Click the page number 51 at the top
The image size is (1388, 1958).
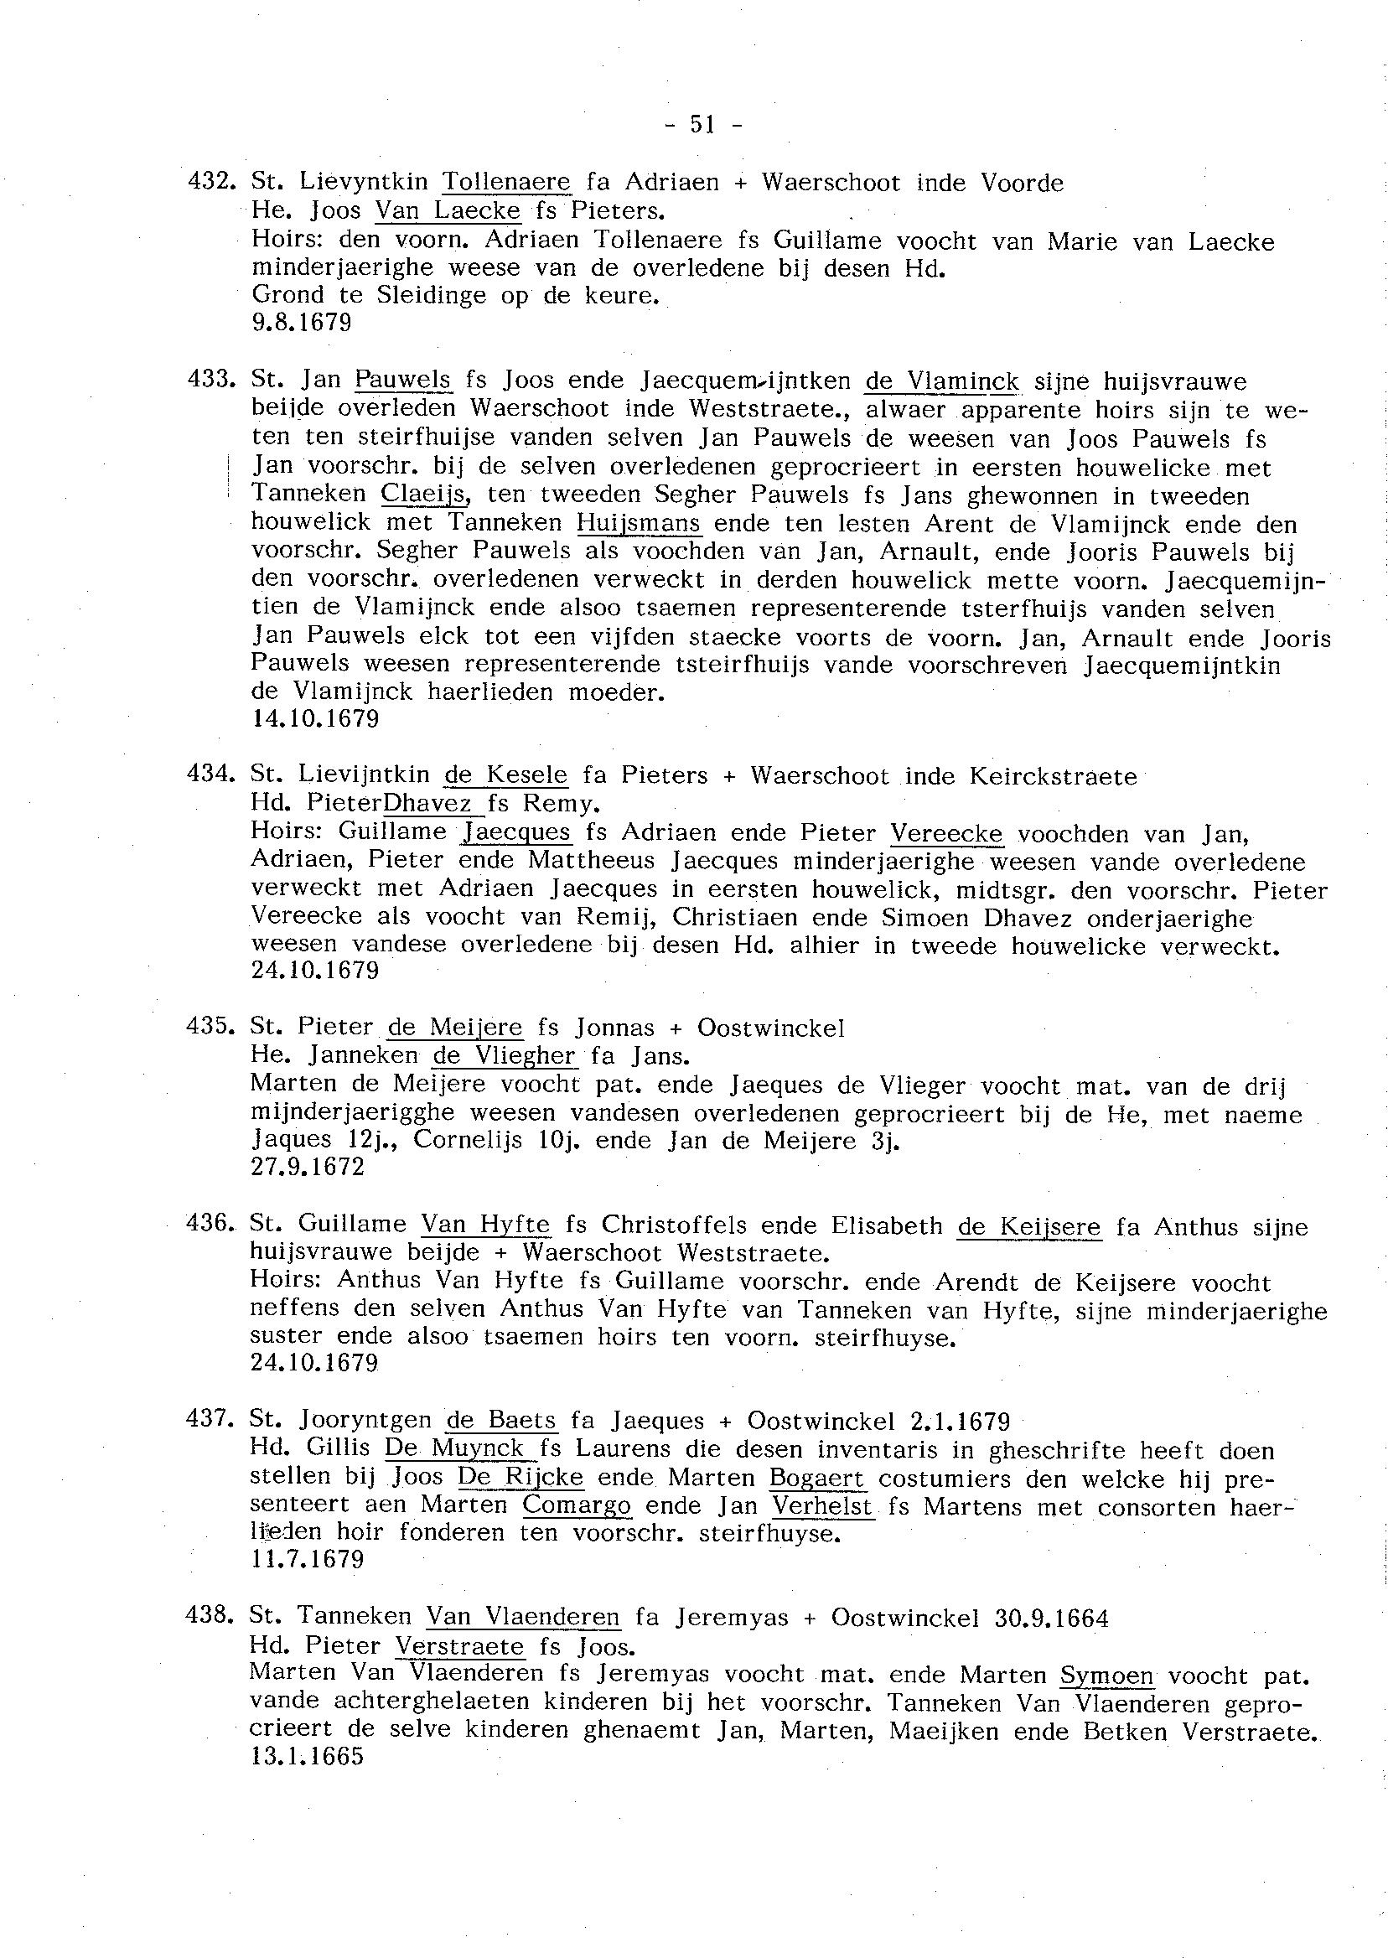702,125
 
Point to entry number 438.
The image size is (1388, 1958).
209,1615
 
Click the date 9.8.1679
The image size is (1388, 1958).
302,323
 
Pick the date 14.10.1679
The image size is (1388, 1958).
315,719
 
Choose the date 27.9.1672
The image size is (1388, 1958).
308,1167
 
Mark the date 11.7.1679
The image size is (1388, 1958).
308,1560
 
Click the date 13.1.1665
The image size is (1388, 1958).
307,1756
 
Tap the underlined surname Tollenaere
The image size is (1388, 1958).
506,182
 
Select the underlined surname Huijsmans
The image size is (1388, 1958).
639,522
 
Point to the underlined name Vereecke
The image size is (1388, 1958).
946,833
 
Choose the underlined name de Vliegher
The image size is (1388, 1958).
505,1056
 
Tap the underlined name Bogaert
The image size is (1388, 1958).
817,1477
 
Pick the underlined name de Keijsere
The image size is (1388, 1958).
1028,1227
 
